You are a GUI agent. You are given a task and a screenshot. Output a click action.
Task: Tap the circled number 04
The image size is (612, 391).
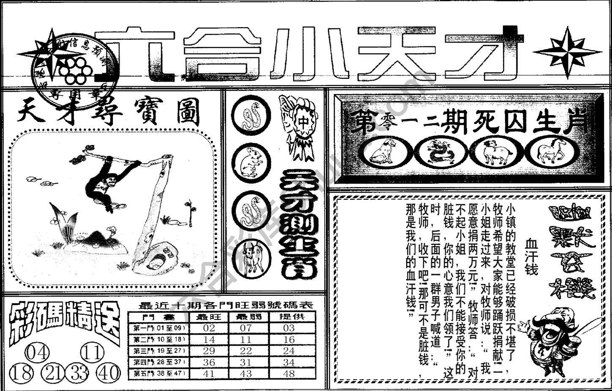(x=38, y=353)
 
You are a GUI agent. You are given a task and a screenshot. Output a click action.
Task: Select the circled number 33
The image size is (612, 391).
(x=79, y=373)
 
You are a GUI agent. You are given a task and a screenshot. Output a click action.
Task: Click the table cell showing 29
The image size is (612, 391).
(x=209, y=351)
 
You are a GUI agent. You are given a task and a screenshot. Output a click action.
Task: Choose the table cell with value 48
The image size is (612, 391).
(x=289, y=374)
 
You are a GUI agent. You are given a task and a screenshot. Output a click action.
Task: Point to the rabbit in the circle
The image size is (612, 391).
(x=251, y=163)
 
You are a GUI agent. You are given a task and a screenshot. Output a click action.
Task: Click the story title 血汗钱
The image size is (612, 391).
(x=531, y=256)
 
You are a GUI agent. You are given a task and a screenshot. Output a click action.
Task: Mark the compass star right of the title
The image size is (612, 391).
(x=567, y=52)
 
